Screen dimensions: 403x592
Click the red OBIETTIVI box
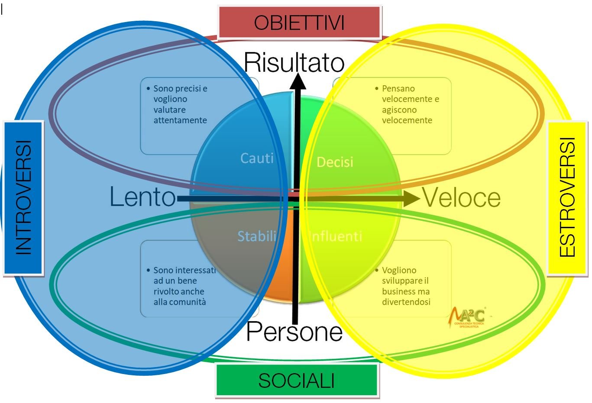tap(299, 22)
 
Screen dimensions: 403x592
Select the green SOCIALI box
tap(297, 380)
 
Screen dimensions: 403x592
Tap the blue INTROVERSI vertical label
tap(23, 197)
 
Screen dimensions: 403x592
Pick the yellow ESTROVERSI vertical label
tap(567, 197)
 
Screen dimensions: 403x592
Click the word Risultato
tap(294, 62)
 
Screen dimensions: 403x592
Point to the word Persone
tap(294, 332)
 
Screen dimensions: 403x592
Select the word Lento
tap(142, 197)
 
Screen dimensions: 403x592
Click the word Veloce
tap(462, 198)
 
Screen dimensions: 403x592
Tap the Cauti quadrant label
tap(257, 158)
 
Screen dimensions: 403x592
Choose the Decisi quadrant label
tap(335, 162)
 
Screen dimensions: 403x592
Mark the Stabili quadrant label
tap(257, 236)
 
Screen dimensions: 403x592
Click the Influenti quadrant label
tap(336, 236)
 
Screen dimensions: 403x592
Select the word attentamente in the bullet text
tap(180, 120)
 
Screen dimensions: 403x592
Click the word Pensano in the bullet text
tap(398, 88)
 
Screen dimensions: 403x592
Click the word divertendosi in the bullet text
tap(406, 302)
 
